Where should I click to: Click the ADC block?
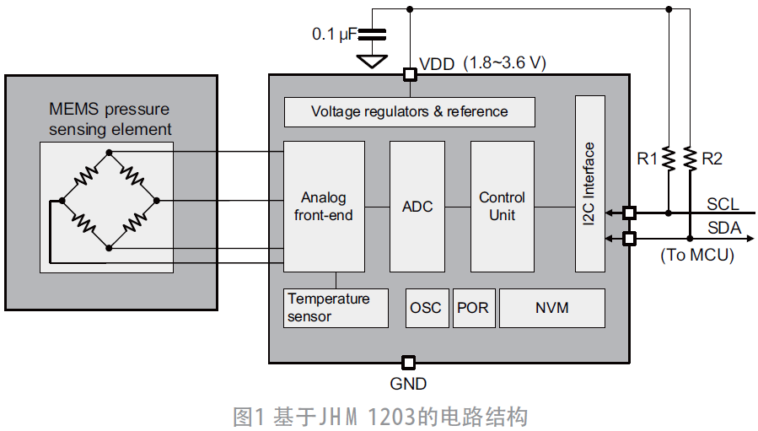point(417,207)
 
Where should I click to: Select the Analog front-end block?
point(324,207)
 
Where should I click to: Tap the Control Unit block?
point(502,207)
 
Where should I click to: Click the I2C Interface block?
point(589,184)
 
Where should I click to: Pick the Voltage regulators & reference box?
point(409,111)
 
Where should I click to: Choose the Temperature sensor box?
point(336,308)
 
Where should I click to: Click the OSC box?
point(426,308)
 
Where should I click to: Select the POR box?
point(472,308)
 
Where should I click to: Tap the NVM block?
point(552,308)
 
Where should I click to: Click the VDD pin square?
point(410,74)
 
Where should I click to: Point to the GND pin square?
point(408,363)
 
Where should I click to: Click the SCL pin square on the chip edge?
point(629,213)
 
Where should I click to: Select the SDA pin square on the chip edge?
point(629,239)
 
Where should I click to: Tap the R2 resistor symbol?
point(690,158)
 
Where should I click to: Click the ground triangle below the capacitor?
point(371,61)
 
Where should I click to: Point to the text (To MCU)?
point(696,255)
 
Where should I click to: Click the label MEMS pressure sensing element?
point(110,119)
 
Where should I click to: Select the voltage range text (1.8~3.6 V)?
point(506,63)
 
